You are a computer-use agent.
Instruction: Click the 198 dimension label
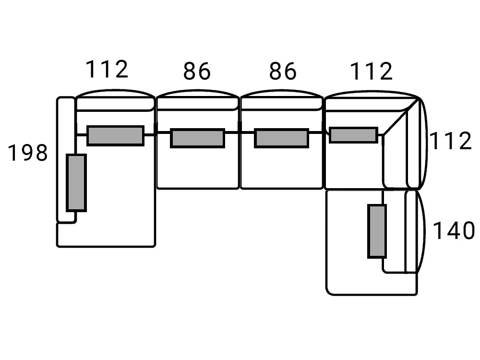(x=28, y=153)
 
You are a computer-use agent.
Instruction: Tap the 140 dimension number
(x=453, y=231)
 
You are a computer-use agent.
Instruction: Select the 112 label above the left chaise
(x=107, y=70)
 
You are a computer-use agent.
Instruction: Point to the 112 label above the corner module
(x=371, y=72)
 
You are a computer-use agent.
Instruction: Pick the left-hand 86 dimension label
(x=197, y=72)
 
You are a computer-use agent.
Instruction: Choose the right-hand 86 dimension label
(x=282, y=72)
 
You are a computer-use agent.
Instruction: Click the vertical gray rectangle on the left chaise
(x=76, y=182)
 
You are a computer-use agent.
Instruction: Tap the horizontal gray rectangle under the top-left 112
(x=115, y=135)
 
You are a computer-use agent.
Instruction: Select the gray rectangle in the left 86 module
(x=198, y=138)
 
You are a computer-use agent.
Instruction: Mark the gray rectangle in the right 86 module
(x=281, y=138)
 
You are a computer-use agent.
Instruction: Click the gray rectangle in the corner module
(x=353, y=135)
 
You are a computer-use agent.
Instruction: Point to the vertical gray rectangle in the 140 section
(x=377, y=231)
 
